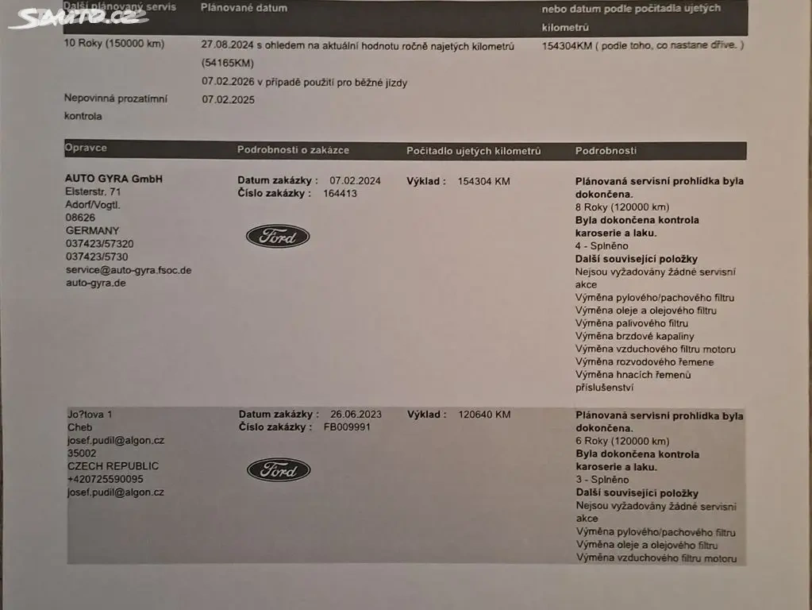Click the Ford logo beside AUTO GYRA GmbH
coord(277,236)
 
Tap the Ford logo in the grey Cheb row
coord(278,469)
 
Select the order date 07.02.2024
coord(355,181)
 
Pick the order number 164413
coord(340,193)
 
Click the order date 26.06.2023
coord(356,414)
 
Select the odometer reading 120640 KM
coord(484,414)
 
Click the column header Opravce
coord(86,149)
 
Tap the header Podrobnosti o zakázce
coord(293,150)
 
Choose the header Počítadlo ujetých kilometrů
coord(473,150)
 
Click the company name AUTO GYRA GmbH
coord(114,179)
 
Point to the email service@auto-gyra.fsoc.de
coord(128,270)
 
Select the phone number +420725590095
coord(106,479)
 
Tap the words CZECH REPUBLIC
coord(113,466)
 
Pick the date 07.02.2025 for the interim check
coord(229,100)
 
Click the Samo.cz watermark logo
coord(77,17)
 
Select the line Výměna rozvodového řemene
coord(645,362)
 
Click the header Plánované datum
coord(244,8)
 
